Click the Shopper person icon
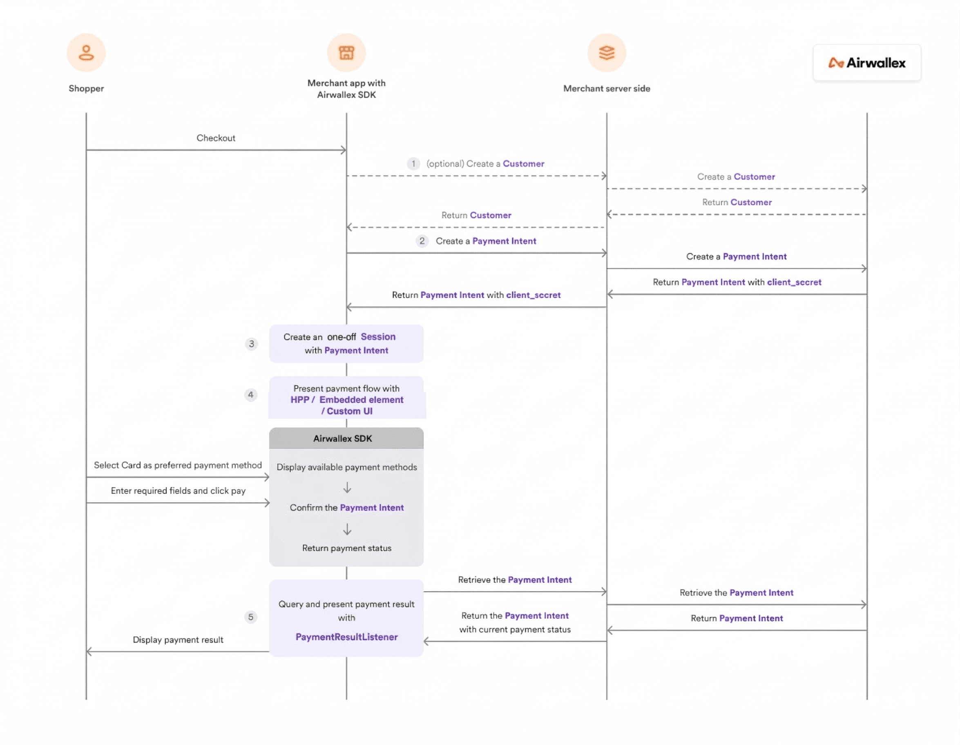coord(86,53)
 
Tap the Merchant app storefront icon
coord(346,53)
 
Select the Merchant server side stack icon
coord(607,53)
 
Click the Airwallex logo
coord(867,63)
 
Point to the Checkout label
coord(216,138)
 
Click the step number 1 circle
coord(413,163)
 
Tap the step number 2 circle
coord(422,241)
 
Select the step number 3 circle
coord(251,344)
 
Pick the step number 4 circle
coord(250,395)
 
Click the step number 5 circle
coord(250,617)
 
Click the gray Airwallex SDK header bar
coord(346,438)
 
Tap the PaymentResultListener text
coord(346,637)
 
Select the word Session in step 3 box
coord(378,337)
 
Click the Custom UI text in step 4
coord(349,411)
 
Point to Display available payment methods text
coord(347,467)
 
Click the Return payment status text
coord(347,548)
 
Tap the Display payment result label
coord(178,640)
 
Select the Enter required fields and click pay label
coord(178,491)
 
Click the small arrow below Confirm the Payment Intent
coord(347,529)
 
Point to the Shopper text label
coord(86,88)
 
